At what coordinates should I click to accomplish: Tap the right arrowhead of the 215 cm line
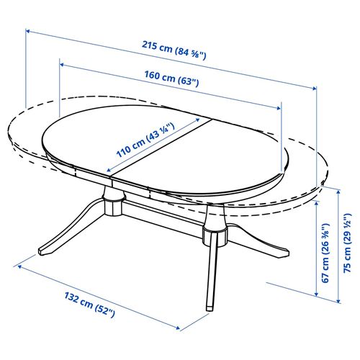[315, 87]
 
